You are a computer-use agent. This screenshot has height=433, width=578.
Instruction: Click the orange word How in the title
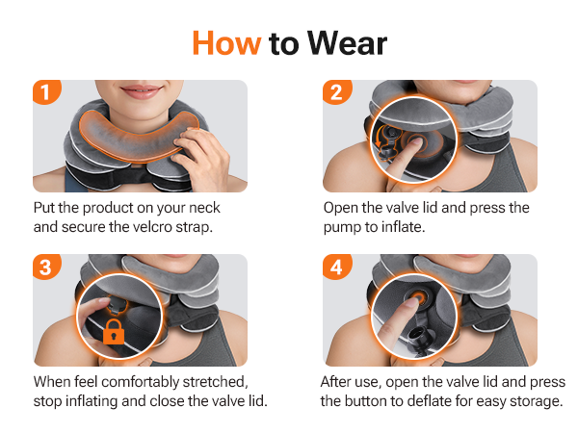(x=226, y=43)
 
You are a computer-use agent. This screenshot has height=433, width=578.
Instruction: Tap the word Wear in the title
(x=347, y=43)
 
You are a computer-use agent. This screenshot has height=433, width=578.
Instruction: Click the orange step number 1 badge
(x=45, y=92)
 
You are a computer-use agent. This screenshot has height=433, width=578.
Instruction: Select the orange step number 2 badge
(x=336, y=92)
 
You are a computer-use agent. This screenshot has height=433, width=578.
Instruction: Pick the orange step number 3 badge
(x=45, y=267)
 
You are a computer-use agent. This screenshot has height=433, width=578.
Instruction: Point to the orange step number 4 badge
(x=336, y=267)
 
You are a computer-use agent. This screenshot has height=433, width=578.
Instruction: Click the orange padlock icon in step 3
(x=114, y=332)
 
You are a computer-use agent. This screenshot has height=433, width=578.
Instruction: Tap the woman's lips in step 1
(x=141, y=91)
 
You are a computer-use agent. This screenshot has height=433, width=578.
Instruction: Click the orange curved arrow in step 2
(x=378, y=140)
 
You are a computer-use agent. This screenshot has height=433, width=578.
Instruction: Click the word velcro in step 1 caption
(x=152, y=227)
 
